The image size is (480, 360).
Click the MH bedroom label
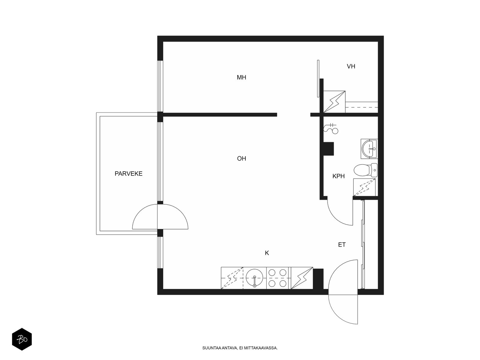pyautogui.click(x=241, y=77)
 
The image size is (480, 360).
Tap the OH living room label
pyautogui.click(x=241, y=158)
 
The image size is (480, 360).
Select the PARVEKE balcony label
pyautogui.click(x=128, y=174)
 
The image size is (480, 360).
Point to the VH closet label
pyautogui.click(x=351, y=66)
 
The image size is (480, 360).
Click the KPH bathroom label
pyautogui.click(x=338, y=176)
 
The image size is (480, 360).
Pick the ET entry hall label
pyautogui.click(x=342, y=244)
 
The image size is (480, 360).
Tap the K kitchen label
pyautogui.click(x=267, y=253)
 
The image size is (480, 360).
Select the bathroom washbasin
pyautogui.click(x=369, y=148)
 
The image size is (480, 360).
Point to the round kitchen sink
pyautogui.click(x=254, y=278)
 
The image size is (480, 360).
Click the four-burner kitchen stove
pyautogui.click(x=277, y=278)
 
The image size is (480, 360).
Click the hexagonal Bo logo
pyautogui.click(x=22, y=339)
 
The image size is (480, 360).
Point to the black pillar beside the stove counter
pyautogui.click(x=318, y=279)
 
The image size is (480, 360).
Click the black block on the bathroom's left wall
pyautogui.click(x=328, y=149)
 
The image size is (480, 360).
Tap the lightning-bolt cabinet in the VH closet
pyautogui.click(x=334, y=102)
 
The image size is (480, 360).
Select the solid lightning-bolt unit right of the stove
pyautogui.click(x=302, y=278)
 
